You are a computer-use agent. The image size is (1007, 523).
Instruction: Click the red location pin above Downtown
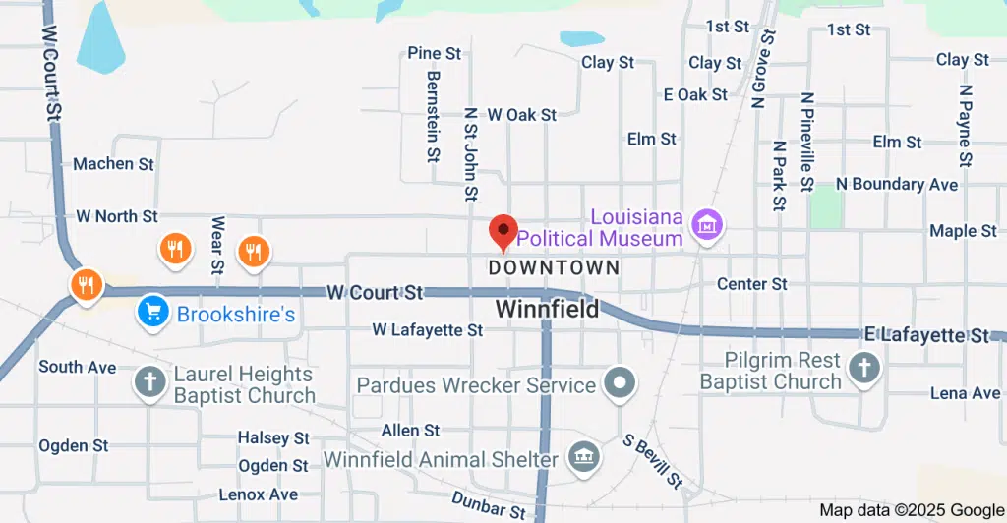(x=503, y=232)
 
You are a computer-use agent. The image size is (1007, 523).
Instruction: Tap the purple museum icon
(x=706, y=223)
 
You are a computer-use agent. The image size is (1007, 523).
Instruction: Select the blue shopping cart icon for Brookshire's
(x=151, y=312)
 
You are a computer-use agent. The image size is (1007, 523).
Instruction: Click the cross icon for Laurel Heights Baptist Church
(x=150, y=382)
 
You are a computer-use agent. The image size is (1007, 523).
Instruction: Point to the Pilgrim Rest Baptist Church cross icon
(x=864, y=370)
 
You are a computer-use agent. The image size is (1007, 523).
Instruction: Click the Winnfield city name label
(x=546, y=309)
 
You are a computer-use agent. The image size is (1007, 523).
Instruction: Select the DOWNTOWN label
(x=554, y=267)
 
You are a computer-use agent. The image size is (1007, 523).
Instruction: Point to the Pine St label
(x=435, y=53)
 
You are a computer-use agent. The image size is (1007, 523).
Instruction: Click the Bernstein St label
(x=433, y=116)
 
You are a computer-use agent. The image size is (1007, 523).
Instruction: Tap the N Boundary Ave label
(x=896, y=184)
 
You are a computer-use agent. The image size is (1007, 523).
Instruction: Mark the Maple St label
(x=963, y=231)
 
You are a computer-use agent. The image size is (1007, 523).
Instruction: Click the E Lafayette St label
(x=926, y=335)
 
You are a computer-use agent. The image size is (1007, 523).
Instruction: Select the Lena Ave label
(x=965, y=393)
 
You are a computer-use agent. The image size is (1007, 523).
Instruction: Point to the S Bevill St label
(x=651, y=463)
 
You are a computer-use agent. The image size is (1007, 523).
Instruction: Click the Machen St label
(x=114, y=164)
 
